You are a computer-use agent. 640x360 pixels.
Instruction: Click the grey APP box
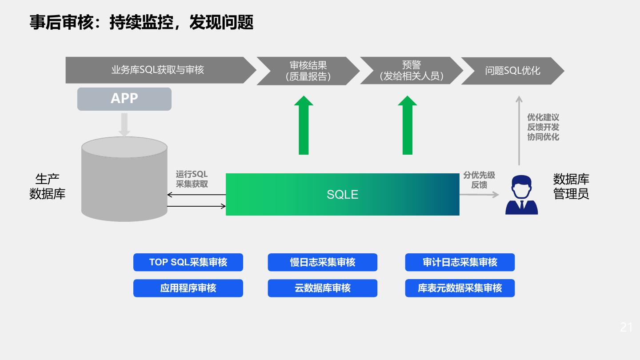(124, 99)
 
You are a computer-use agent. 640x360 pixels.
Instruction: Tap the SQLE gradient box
(342, 194)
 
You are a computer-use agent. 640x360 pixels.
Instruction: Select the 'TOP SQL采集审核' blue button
(188, 262)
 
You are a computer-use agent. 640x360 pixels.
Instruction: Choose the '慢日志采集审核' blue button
(322, 262)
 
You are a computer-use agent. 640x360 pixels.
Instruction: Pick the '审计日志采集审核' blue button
(460, 262)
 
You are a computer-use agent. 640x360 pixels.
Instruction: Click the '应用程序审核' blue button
(188, 288)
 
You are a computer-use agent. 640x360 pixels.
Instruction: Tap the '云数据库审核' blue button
(322, 288)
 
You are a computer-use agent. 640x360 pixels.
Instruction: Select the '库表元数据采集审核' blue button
(460, 288)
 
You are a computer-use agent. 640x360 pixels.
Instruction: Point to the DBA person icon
(521, 195)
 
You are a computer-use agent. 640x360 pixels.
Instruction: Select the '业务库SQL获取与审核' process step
(158, 70)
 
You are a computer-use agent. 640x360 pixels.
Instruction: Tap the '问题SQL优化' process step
(512, 71)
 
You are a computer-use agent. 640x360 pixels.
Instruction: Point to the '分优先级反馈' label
(479, 180)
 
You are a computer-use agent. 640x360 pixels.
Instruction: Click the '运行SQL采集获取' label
(192, 179)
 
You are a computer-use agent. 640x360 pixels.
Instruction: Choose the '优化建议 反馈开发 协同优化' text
(543, 127)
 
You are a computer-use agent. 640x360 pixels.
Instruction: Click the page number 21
(626, 328)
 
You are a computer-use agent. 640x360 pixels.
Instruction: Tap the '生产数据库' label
(48, 187)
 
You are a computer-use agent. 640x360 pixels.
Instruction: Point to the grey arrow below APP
(124, 124)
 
